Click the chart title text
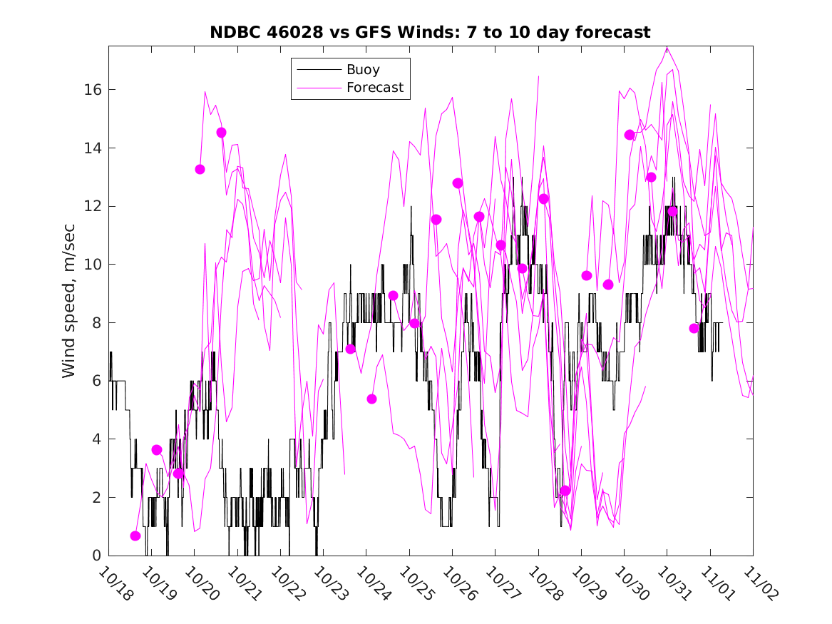[430, 32]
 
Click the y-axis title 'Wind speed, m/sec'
[68, 300]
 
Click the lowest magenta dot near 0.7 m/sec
[135, 536]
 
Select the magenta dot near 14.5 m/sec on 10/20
[221, 133]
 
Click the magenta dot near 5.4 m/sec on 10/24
[371, 399]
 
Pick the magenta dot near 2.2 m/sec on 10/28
[565, 491]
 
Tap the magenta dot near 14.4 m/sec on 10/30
[630, 135]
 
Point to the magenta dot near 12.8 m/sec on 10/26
[458, 183]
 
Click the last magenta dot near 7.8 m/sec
[694, 328]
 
